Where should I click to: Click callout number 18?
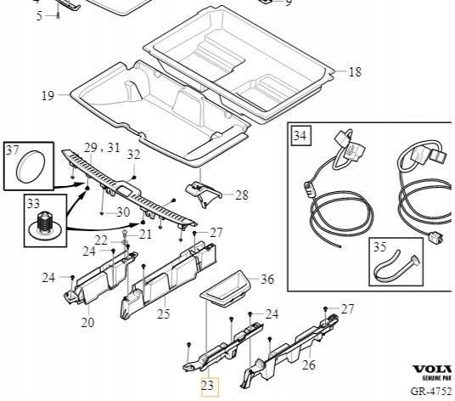(x=355, y=73)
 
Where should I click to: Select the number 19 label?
(x=48, y=96)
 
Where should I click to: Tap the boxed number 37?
(x=12, y=150)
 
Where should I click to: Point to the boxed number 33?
(x=34, y=204)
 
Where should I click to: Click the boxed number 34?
(x=300, y=134)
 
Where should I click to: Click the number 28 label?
(x=242, y=195)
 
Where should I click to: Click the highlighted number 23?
(x=208, y=386)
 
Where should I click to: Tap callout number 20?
(x=87, y=322)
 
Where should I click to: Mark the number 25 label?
(x=163, y=314)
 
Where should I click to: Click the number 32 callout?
(x=133, y=154)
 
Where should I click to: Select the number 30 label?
(x=123, y=212)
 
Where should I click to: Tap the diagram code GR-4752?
(x=432, y=392)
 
